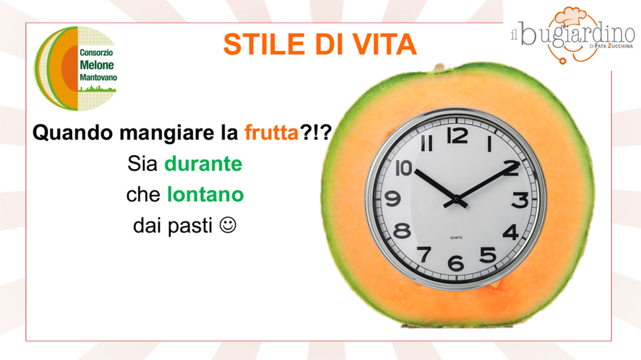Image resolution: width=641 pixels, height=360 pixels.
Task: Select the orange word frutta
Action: (272, 133)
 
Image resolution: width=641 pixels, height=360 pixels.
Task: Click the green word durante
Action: (203, 163)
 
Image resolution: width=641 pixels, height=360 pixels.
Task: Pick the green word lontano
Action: (205, 194)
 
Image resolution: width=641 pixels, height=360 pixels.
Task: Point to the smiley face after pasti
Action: (228, 225)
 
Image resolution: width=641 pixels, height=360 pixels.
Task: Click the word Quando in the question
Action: (73, 133)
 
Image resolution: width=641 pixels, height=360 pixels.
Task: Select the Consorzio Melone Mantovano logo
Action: (78, 69)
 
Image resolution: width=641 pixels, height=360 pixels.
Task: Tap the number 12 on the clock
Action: (457, 135)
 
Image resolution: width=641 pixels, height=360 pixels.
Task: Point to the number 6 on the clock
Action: (456, 262)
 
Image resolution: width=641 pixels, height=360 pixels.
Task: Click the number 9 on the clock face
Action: (393, 199)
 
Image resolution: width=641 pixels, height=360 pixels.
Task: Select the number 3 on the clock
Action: (520, 200)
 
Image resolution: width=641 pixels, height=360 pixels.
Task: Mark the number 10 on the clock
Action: (404, 168)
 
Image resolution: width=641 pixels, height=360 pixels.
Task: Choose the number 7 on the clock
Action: (424, 254)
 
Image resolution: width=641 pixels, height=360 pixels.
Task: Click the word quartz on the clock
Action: (456, 237)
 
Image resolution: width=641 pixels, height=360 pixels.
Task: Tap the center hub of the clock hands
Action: (456, 200)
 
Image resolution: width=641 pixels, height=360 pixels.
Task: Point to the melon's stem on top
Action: (440, 67)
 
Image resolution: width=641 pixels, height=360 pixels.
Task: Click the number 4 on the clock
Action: (511, 232)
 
